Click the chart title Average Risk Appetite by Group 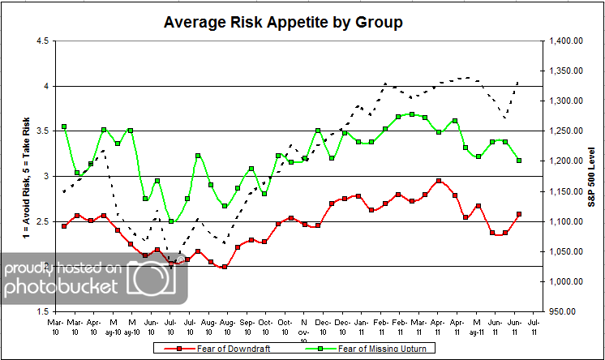pyautogui.click(x=283, y=22)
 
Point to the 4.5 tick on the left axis pyautogui.click(x=39, y=41)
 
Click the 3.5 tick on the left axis pyautogui.click(x=39, y=131)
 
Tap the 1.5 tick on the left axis pyautogui.click(x=39, y=311)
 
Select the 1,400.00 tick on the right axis pyautogui.click(x=566, y=41)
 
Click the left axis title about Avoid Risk pyautogui.click(x=14, y=176)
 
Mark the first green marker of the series pyautogui.click(x=64, y=126)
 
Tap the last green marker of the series pyautogui.click(x=518, y=161)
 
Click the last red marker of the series pyautogui.click(x=518, y=214)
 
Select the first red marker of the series pyautogui.click(x=64, y=225)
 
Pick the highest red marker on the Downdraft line pyautogui.click(x=439, y=182)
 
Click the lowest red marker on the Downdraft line pyautogui.click(x=224, y=267)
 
